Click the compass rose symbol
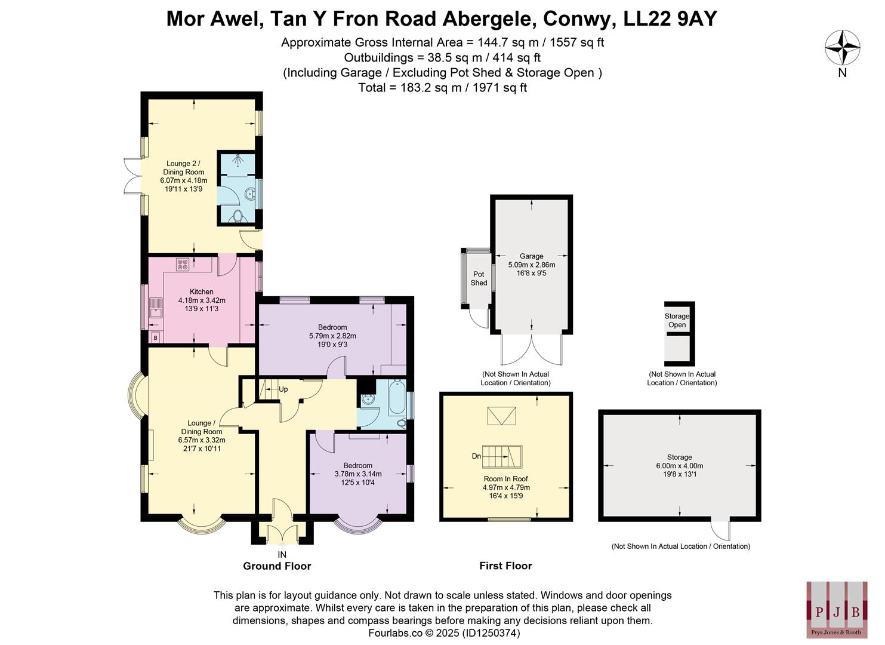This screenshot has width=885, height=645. coord(842,48)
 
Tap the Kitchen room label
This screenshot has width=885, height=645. coord(202,291)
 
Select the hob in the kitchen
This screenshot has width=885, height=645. coord(183,264)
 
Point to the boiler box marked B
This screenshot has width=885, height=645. coord(156,338)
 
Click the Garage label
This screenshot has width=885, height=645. coord(531,256)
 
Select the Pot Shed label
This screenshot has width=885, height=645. coord(479,278)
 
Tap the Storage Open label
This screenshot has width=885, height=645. coord(677,321)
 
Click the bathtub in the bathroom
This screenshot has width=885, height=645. coord(396,398)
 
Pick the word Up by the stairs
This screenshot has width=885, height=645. coord(283,389)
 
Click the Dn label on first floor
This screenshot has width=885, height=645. coord(476,456)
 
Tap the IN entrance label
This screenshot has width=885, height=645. coord(282,555)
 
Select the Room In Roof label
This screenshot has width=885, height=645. coord(505,478)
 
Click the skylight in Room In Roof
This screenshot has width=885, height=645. coord(502,416)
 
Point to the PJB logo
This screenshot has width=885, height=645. coord(837,609)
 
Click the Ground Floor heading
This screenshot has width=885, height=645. coord(277,566)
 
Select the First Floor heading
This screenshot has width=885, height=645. coord(505,566)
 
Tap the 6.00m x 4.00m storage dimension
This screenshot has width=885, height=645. coord(679,466)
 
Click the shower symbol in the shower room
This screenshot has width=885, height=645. coord(238,162)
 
